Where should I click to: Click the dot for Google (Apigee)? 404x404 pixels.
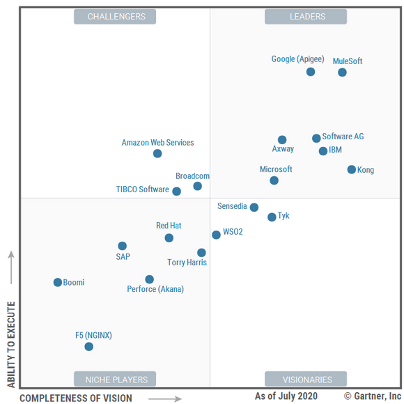311,72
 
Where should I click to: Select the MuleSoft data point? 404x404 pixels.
342,72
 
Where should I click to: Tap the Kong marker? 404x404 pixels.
352,170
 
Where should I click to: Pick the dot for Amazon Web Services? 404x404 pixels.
157,154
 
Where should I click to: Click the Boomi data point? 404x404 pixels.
58,283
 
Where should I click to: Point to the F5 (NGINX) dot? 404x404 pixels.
88,347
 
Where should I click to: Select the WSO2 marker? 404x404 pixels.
217,235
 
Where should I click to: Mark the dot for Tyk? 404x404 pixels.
272,217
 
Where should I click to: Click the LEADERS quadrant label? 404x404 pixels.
306,17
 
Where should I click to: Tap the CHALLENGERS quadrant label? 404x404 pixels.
116,17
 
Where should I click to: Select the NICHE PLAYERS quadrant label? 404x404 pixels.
116,380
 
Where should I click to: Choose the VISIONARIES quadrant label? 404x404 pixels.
306,380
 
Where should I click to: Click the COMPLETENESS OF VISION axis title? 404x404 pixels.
75,398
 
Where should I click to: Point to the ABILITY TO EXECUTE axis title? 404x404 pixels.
10,344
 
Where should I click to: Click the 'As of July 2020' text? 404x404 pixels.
286,396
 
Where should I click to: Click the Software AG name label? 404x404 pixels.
343,137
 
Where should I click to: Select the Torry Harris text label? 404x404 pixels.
187,263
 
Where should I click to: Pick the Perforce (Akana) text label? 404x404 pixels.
155,289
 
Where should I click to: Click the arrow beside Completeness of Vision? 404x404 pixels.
169,399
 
